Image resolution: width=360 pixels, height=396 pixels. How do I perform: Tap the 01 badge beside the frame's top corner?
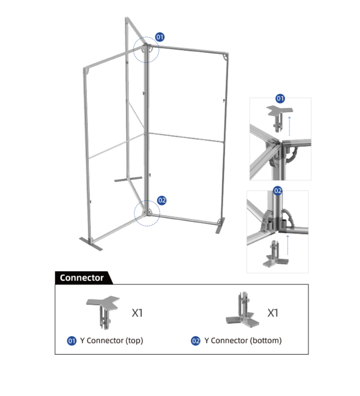(160, 37)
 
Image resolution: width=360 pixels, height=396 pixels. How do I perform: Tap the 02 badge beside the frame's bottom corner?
(162, 200)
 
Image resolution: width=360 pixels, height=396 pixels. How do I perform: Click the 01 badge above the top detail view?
(280, 98)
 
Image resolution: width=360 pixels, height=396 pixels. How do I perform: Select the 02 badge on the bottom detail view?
(278, 191)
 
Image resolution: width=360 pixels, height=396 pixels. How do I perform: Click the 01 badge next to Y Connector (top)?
(72, 341)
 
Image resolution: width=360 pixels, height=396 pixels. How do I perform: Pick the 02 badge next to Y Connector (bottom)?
(196, 341)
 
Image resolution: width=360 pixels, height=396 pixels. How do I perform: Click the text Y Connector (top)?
(112, 341)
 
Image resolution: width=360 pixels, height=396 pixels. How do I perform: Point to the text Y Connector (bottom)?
(243, 341)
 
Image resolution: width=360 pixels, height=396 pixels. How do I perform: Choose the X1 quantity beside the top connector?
(137, 313)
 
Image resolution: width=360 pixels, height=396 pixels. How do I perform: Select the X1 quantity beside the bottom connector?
(273, 313)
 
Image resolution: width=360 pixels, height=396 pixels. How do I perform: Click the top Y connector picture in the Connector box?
(103, 313)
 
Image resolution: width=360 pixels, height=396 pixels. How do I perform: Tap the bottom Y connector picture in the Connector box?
(242, 310)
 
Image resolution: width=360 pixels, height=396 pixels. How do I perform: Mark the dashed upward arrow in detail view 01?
(289, 126)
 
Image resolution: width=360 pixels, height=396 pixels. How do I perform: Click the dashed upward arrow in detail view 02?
(287, 245)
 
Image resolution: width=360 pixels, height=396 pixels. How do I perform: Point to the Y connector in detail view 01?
(279, 118)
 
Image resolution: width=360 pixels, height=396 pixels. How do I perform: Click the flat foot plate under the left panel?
(91, 244)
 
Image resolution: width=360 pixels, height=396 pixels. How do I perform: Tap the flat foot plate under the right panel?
(220, 226)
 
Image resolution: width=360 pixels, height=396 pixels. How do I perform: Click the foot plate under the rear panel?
(128, 179)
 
